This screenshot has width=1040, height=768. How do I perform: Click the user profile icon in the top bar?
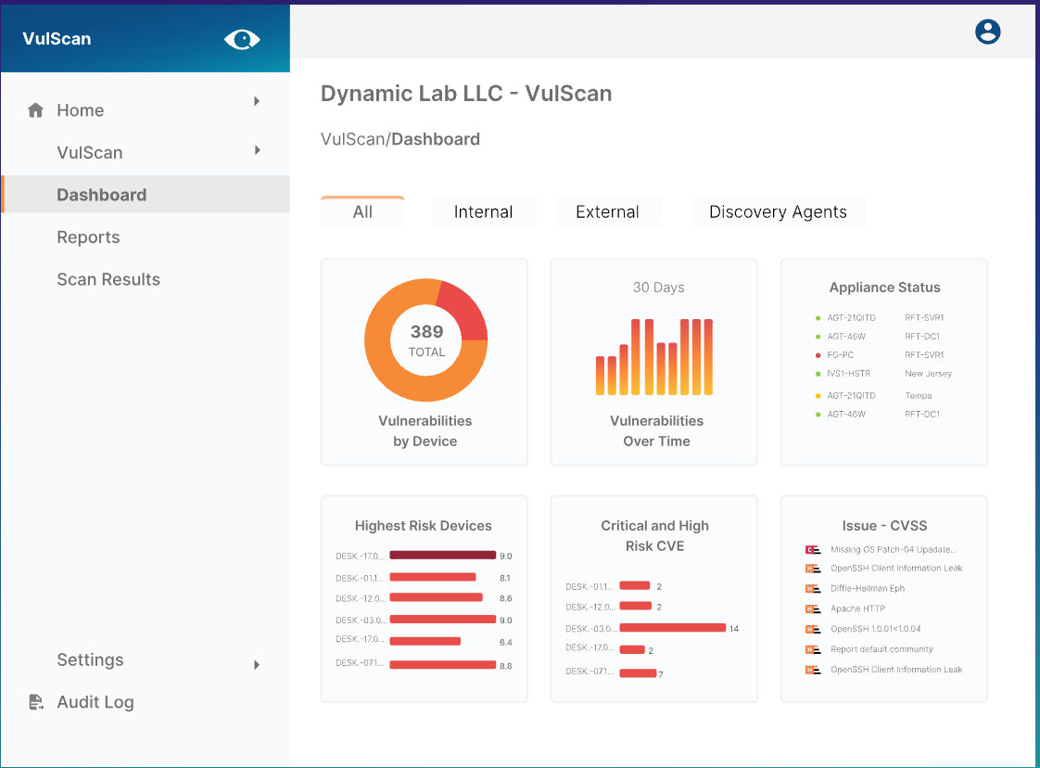tap(988, 32)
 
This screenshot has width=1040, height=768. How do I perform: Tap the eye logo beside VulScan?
tap(242, 39)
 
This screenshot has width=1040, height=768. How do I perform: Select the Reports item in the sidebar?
tap(88, 237)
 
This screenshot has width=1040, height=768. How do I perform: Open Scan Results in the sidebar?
tap(108, 279)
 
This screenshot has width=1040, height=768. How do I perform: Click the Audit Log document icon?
tap(36, 702)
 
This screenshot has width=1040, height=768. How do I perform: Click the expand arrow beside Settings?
tap(257, 664)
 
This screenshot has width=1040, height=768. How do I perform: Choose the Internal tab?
tap(483, 212)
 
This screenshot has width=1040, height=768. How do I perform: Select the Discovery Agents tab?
tap(778, 212)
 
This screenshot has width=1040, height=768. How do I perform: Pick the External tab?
tap(607, 212)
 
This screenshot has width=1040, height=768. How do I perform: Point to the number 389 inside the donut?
tap(426, 331)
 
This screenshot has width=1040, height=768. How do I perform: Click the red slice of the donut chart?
tap(464, 310)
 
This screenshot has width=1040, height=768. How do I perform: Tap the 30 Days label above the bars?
tap(658, 288)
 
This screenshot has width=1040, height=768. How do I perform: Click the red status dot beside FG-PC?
tap(818, 355)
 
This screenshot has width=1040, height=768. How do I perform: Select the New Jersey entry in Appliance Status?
tap(928, 374)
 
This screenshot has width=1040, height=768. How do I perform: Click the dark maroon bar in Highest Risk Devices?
tap(442, 556)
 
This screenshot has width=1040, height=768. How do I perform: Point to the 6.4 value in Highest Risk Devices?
tap(505, 642)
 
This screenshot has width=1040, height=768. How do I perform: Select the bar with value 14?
tap(672, 628)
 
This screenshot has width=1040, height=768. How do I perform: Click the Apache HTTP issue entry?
tap(857, 608)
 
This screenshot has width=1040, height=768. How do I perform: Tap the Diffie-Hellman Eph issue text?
tap(868, 588)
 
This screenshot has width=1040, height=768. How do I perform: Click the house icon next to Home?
tap(36, 110)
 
